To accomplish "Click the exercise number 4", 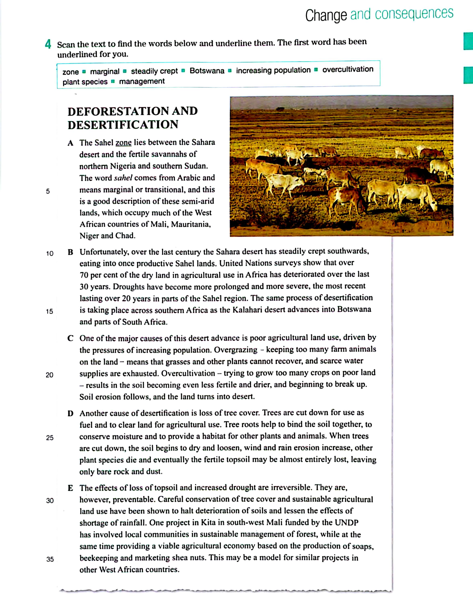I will (48, 44).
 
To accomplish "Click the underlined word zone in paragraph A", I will (124, 143).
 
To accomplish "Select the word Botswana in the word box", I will (207, 71).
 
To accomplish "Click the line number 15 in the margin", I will (49, 311).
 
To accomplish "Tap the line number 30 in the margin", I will (50, 501).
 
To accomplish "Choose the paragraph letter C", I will (71, 338).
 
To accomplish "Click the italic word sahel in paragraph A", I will (123, 178).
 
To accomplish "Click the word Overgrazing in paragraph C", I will (236, 350).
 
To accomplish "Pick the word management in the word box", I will (142, 82).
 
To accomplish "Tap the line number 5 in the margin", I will (48, 191).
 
